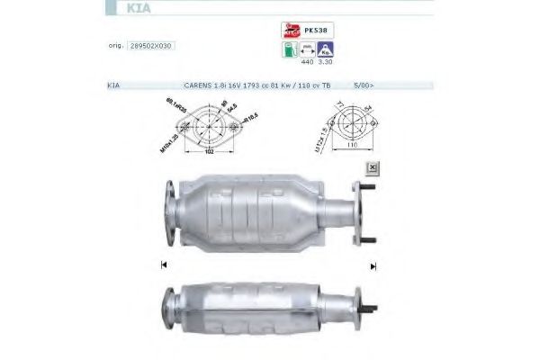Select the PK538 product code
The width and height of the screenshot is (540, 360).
(314, 29)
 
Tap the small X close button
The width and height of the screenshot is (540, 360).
(370, 167)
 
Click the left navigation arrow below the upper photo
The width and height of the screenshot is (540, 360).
(163, 265)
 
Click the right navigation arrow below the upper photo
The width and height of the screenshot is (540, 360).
(373, 265)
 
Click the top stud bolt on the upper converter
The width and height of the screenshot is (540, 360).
(369, 187)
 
